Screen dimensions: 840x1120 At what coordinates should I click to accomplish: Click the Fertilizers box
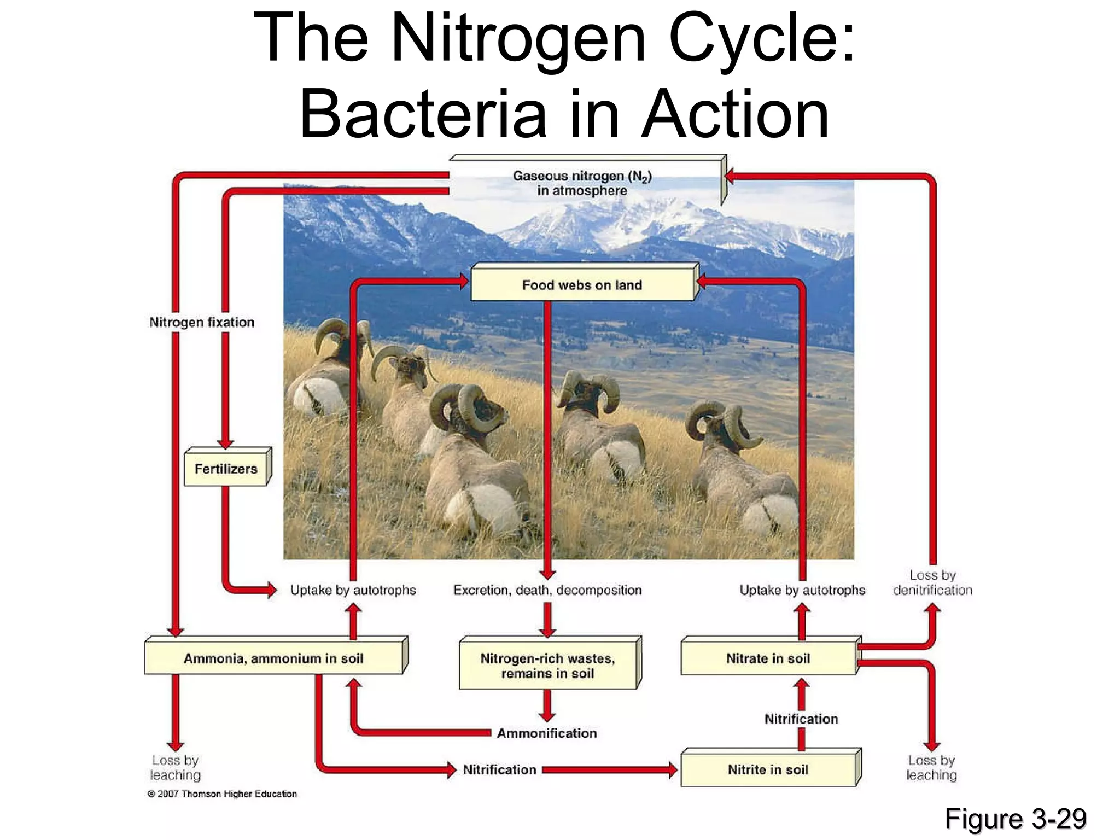tap(226, 469)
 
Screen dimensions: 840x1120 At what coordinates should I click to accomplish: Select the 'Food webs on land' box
tap(582, 285)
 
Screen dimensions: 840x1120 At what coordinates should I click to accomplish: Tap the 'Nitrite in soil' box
tap(768, 769)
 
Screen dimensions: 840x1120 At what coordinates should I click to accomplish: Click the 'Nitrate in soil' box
tap(768, 658)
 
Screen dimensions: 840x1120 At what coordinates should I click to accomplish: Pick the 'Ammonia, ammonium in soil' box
tap(273, 658)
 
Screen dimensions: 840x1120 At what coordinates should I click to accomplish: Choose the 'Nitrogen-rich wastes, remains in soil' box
tap(547, 666)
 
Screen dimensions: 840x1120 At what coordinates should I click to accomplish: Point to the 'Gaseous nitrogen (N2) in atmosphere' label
tap(582, 183)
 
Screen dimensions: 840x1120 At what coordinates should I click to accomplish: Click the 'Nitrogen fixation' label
tap(202, 322)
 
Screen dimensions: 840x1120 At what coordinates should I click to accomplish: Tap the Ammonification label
tap(547, 733)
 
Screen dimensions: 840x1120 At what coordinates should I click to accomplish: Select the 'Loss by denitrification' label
tap(932, 582)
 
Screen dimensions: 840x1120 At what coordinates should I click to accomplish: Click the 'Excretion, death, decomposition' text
tap(547, 590)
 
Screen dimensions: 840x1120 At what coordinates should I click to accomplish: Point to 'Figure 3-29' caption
tap(1015, 819)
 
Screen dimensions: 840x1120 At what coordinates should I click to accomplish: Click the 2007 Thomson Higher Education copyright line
tap(223, 794)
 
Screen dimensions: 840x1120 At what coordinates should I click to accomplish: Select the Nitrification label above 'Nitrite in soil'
tap(801, 719)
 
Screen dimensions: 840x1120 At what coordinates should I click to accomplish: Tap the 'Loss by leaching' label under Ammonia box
tap(175, 767)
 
